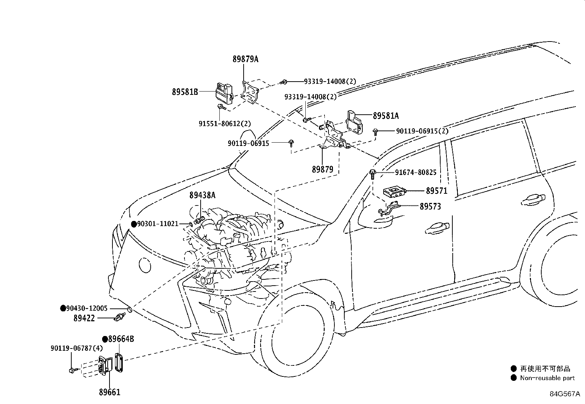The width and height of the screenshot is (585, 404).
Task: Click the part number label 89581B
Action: coord(185,92)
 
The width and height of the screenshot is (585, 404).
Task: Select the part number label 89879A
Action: coord(245,59)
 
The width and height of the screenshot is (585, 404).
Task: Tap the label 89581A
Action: coord(386,115)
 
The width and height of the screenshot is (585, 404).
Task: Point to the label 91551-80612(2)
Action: coord(225,124)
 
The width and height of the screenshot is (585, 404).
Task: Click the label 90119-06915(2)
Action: coord(422,131)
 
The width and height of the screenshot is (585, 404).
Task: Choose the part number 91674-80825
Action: coord(416,172)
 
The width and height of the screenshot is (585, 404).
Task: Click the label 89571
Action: coord(437,191)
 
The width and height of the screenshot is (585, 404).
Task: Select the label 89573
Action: coord(430,207)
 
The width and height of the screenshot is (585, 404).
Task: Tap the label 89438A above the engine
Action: coord(202,195)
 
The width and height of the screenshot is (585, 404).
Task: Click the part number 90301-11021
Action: coord(158,224)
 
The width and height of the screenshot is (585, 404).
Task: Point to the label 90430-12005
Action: coord(87,308)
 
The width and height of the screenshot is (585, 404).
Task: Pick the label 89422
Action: coord(84,318)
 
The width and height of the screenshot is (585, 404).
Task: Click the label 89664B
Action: coord(121,339)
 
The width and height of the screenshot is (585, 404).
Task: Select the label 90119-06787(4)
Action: coord(77,348)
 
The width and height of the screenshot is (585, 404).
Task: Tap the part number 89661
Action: coord(110,392)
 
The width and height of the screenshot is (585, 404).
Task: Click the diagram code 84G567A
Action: coord(565,394)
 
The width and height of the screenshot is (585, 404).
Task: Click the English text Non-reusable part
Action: coord(548,378)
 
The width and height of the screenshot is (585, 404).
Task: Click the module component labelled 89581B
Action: coord(224,93)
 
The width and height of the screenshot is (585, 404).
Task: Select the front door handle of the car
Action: coord(437,228)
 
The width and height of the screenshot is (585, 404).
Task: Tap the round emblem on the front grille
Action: coord(145,265)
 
